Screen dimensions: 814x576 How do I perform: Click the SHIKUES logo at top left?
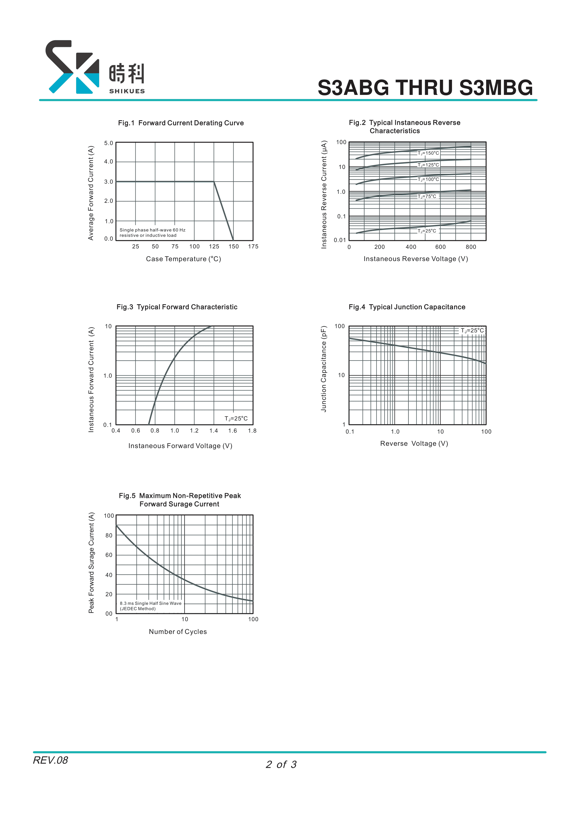click(95, 67)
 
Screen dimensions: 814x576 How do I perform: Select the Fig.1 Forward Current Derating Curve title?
click(181, 123)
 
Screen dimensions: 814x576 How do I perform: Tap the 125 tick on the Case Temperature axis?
click(214, 246)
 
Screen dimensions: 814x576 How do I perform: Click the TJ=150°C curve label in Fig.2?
click(428, 153)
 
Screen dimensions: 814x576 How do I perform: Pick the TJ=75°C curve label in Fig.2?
click(427, 196)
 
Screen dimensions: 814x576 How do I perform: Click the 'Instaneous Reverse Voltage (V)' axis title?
click(416, 259)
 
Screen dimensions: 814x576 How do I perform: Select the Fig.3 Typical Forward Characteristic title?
click(177, 307)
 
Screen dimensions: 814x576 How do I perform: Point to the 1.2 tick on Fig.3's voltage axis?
click(194, 431)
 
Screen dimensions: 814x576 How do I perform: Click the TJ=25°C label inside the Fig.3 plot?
click(236, 419)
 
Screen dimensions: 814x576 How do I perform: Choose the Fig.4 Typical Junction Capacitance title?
click(407, 307)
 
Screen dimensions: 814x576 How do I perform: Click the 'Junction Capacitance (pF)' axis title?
click(323, 369)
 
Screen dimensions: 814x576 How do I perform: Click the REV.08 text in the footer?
click(50, 760)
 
